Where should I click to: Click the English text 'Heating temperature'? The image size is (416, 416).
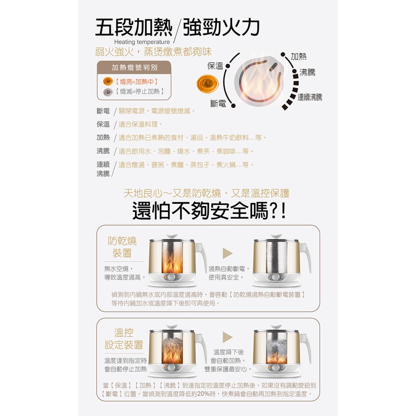(142, 42)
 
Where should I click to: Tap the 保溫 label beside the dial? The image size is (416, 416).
(215, 66)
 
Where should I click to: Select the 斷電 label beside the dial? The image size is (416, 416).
(218, 103)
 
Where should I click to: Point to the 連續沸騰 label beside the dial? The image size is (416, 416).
(310, 97)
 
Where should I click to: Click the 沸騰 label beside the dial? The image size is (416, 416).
(307, 72)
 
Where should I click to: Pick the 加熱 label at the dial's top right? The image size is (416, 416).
(299, 56)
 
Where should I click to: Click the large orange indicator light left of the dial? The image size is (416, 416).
(208, 84)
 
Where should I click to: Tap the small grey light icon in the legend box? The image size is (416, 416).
(108, 92)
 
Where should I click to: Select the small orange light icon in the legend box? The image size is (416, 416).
(108, 81)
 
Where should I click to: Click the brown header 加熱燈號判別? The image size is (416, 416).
(134, 68)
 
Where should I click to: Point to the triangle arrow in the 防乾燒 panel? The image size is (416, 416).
(228, 254)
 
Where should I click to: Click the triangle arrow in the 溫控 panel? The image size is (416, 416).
(228, 337)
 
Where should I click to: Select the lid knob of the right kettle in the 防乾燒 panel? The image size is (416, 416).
(276, 236)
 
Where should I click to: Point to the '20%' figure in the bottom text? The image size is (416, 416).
(204, 393)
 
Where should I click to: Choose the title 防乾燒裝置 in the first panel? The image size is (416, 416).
(122, 247)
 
